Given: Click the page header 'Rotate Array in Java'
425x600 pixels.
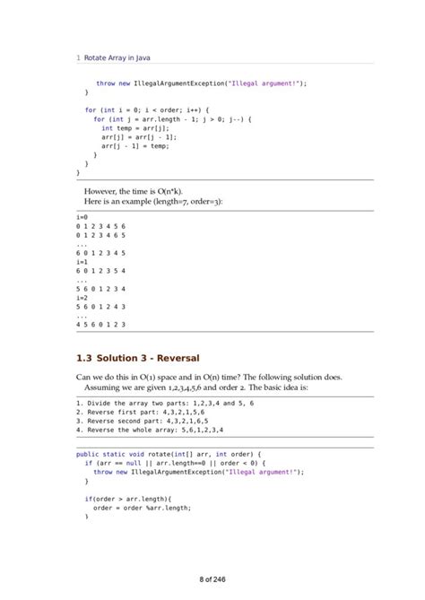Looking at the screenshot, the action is pos(117,58).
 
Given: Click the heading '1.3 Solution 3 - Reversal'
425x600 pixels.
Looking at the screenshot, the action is pos(138,359).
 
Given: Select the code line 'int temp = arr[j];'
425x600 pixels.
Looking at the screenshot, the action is pos(135,128).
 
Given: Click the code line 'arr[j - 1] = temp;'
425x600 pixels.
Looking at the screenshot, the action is pos(135,145).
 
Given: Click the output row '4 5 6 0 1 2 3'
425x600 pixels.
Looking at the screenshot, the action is pos(101,324).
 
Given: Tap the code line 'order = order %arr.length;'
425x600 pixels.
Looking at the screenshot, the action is pos(143,507).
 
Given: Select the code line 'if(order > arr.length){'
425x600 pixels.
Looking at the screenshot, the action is pos(134,498).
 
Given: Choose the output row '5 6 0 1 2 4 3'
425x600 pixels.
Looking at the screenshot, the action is pos(101,306).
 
